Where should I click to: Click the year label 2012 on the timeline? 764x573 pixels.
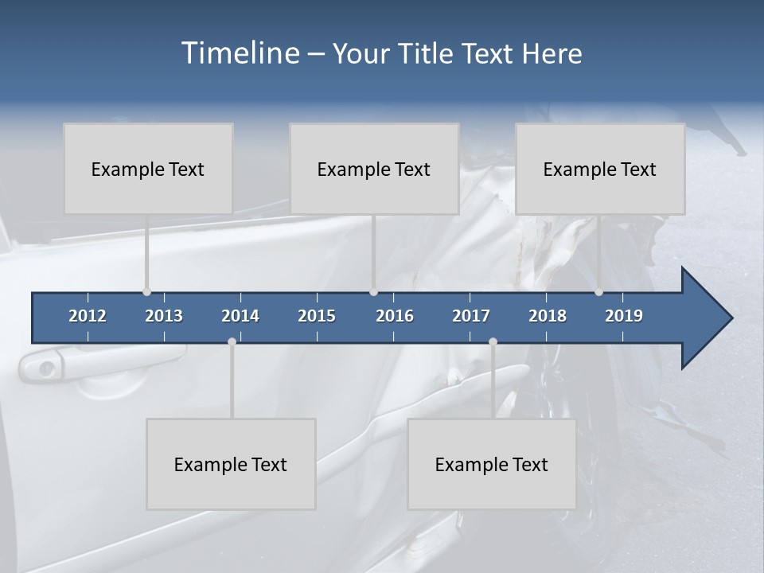click(88, 316)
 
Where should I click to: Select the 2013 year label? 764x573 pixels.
click(164, 316)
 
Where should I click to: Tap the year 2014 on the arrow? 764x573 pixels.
click(240, 316)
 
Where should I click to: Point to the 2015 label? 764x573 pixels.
click(317, 316)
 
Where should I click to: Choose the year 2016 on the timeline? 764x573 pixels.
click(395, 316)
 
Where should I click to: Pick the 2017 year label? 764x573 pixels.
click(471, 316)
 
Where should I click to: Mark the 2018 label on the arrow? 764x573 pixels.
click(548, 316)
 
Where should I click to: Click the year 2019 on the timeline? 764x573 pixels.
click(624, 316)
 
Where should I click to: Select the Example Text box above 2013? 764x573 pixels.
click(148, 169)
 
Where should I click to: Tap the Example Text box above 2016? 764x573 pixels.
click(374, 169)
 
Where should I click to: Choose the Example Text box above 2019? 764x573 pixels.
click(600, 169)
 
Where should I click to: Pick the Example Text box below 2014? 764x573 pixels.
click(231, 464)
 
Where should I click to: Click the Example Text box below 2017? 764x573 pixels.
click(492, 464)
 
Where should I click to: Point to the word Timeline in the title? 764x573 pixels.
click(240, 53)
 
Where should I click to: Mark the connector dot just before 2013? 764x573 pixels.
click(146, 292)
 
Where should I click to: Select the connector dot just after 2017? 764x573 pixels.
click(493, 341)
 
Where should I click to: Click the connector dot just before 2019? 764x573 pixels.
click(598, 292)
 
